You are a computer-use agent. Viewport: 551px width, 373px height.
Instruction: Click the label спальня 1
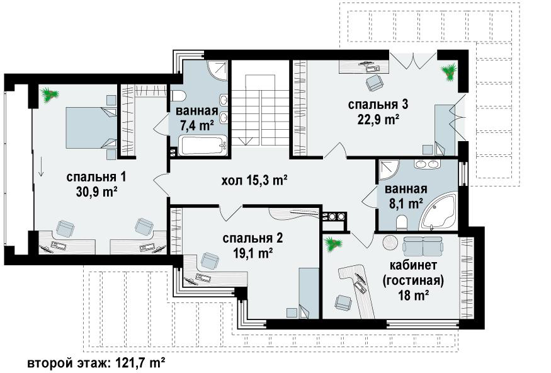(96, 177)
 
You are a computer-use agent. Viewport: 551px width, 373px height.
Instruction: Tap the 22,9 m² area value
(378, 120)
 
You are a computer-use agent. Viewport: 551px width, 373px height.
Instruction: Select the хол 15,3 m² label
(255, 181)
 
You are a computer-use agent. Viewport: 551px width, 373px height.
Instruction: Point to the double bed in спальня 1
(91, 128)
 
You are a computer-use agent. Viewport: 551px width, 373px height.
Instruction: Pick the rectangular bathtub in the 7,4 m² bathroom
(203, 145)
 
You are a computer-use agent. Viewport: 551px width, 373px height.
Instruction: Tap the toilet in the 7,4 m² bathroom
(179, 96)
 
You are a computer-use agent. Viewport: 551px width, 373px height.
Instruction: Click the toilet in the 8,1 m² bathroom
(401, 222)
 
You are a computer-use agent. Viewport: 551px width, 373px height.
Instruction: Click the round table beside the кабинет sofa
(390, 243)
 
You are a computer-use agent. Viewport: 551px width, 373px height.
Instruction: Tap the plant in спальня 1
(49, 95)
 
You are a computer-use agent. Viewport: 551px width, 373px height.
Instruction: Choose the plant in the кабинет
(332, 244)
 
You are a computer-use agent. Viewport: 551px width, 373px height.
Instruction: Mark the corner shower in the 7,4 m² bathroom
(217, 70)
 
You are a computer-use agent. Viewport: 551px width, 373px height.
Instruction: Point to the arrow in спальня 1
(41, 166)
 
